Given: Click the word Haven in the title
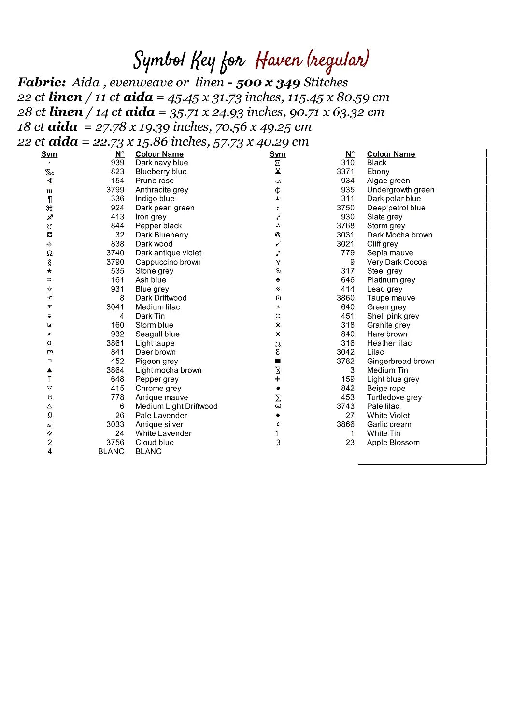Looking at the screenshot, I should [279, 61].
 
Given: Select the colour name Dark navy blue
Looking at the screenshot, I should [161, 163].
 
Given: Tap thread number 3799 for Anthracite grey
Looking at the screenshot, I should [115, 190].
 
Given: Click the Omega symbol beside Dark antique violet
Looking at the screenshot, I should [49, 253].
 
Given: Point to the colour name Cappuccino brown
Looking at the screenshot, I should [168, 262].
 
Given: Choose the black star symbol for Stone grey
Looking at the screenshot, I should [49, 271].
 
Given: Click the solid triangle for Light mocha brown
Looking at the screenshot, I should [49, 370].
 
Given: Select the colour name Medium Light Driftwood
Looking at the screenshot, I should [176, 406].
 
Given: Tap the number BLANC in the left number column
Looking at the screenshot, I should [111, 452].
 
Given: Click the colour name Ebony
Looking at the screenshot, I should [378, 172].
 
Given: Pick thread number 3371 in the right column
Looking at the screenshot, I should [345, 172].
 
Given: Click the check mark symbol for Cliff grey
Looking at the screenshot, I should [278, 244].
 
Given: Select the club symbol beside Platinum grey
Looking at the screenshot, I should [278, 280].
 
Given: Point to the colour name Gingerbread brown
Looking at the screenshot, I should [400, 362].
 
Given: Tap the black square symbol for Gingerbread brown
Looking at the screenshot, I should [278, 361].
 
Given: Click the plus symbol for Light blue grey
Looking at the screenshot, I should [278, 379].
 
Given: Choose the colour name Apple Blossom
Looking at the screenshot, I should [393, 443].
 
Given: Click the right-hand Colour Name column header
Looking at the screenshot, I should [391, 154].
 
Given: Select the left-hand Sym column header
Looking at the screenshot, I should [49, 154].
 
